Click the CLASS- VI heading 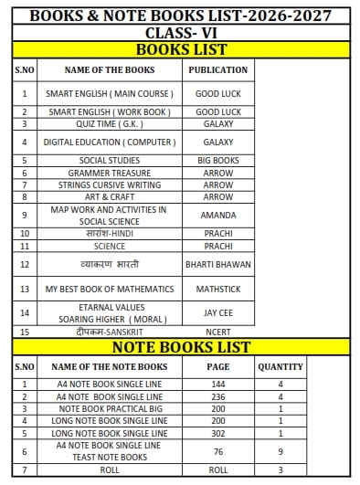181,33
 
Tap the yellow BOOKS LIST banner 181,49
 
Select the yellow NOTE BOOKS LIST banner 181,347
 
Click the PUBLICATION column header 217,69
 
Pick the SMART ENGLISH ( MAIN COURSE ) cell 110,93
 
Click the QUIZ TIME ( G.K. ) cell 110,124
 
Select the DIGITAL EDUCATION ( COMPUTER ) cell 110,142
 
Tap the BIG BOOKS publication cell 217,161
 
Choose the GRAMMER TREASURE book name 110,173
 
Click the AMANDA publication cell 217,216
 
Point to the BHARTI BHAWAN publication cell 217,265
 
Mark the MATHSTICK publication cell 217,290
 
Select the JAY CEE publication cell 217,313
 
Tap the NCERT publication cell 217,332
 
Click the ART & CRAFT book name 110,196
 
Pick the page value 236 217,397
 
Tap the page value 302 217,433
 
